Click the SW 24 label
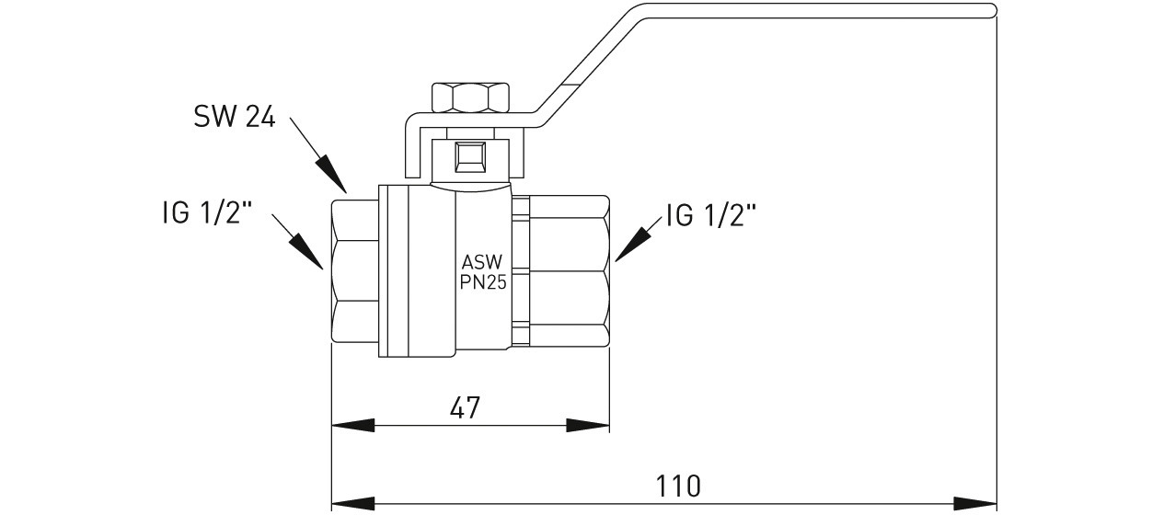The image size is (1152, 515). click(x=234, y=117)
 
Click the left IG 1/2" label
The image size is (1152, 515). click(x=202, y=215)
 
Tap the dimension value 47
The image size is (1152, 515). click(x=467, y=406)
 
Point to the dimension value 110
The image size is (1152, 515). click(x=679, y=485)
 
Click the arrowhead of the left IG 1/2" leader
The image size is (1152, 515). click(x=308, y=252)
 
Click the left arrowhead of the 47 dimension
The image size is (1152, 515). click(x=351, y=426)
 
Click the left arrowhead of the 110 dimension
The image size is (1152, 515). click(x=351, y=503)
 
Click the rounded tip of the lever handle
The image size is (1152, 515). click(x=992, y=11)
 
